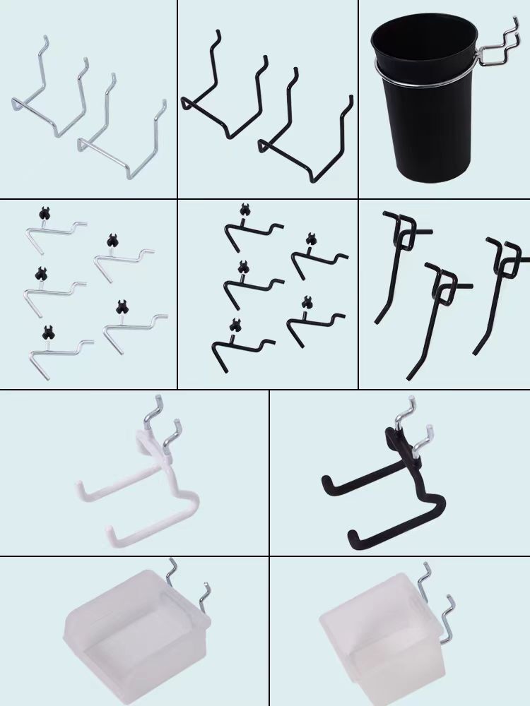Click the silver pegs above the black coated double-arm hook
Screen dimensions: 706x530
tap(413, 424)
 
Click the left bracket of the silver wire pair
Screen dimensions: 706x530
tap(49, 88)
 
